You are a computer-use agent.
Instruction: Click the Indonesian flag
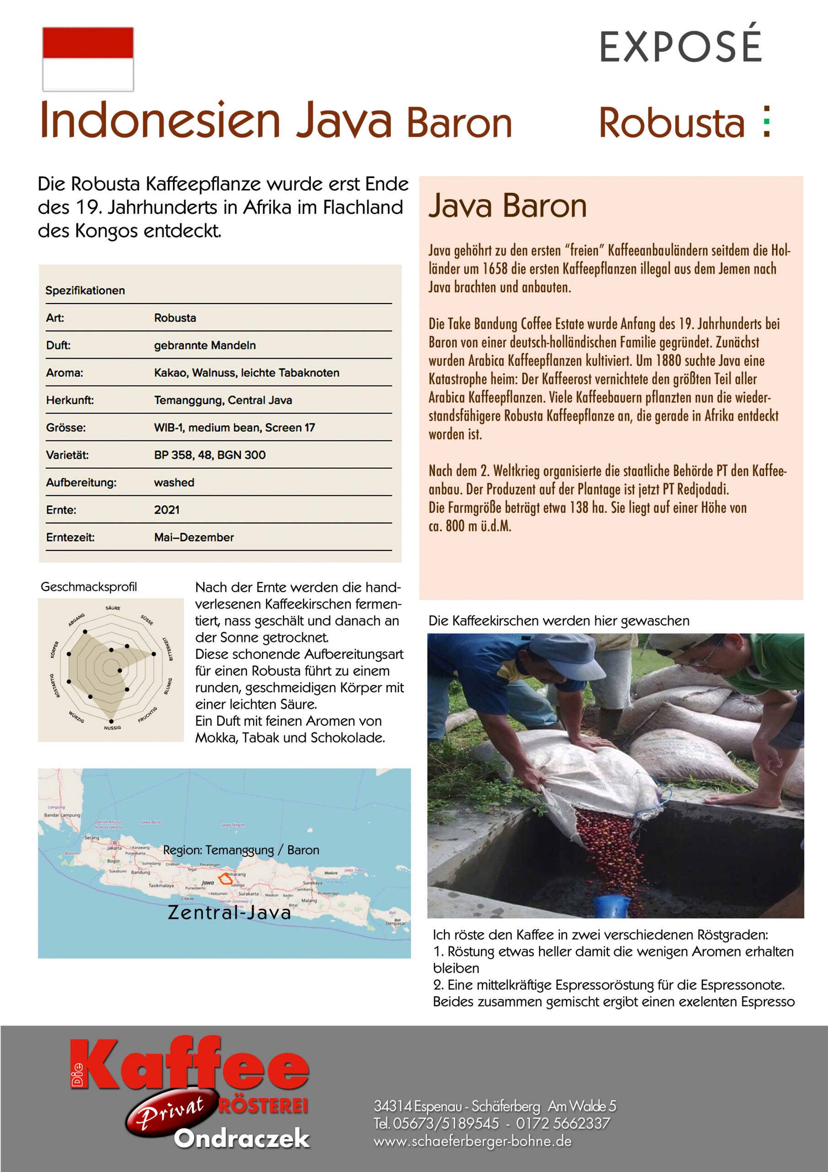[x=88, y=59]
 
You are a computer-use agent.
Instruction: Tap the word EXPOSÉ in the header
[x=680, y=47]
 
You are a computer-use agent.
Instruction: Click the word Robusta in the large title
[x=672, y=123]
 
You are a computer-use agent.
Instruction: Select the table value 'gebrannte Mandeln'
[x=204, y=345]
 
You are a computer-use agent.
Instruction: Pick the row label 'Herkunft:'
[x=70, y=400]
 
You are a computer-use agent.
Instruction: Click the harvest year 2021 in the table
[x=167, y=510]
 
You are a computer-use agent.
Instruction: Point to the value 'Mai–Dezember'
[x=194, y=537]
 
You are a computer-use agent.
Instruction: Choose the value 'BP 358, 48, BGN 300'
[x=210, y=455]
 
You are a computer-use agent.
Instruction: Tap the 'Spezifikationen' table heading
[x=85, y=290]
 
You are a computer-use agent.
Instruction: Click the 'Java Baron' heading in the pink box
[x=508, y=206]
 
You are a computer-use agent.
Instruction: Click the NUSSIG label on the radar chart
[x=112, y=727]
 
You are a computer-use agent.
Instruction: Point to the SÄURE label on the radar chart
[x=113, y=608]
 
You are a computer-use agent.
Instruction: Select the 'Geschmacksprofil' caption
[x=89, y=587]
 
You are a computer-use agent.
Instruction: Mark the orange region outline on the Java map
[x=225, y=879]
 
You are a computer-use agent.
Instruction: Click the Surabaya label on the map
[x=312, y=882]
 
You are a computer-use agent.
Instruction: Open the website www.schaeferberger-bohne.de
[x=473, y=1141]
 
